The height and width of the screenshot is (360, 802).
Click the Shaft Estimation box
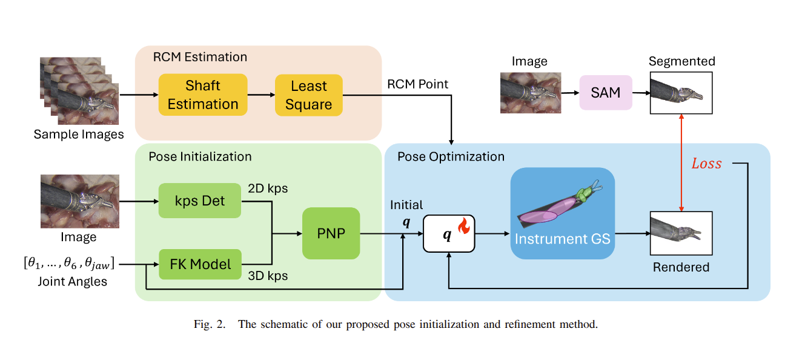click(x=202, y=95)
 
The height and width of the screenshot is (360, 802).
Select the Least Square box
click(x=308, y=95)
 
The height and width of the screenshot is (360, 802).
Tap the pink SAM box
click(x=605, y=93)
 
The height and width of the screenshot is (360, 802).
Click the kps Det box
click(x=199, y=201)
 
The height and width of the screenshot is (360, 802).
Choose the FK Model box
click(x=199, y=264)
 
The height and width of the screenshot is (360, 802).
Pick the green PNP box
click(x=331, y=233)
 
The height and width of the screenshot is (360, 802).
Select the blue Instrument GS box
click(x=562, y=213)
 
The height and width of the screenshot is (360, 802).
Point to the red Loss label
click(x=706, y=164)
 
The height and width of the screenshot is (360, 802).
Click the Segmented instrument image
click(x=681, y=93)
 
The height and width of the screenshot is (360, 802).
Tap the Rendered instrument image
click(x=681, y=233)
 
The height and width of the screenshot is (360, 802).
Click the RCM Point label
click(x=418, y=84)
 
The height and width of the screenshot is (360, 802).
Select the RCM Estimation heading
click(x=199, y=57)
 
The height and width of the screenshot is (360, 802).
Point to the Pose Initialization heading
click(x=200, y=156)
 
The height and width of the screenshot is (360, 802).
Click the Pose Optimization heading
click(x=451, y=156)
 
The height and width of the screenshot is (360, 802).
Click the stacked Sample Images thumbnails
click(x=79, y=91)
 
